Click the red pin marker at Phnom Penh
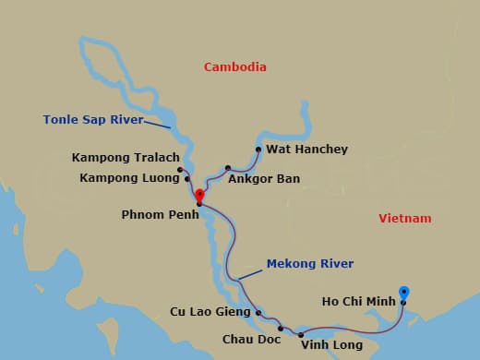tap(199, 195)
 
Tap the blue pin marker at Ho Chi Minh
tap(403, 293)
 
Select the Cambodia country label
tap(235, 66)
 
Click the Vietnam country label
tap(405, 218)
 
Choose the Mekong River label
tap(310, 264)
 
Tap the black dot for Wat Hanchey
tap(258, 149)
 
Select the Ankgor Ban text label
tap(264, 178)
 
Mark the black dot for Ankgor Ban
tap(227, 168)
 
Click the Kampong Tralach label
tap(125, 158)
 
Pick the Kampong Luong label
tap(129, 177)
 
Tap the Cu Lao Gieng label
tap(210, 312)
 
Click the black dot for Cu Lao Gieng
tap(258, 312)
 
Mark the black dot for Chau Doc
tap(281, 327)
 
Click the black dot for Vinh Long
tap(301, 334)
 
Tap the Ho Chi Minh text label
tap(359, 301)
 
